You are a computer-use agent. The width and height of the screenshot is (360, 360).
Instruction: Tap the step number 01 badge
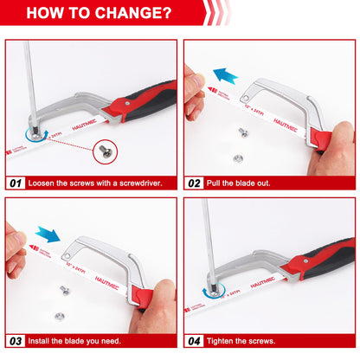coord(16,183)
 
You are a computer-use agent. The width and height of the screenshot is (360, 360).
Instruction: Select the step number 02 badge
coord(196,183)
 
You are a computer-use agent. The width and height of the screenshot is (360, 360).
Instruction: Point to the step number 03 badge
coord(16,341)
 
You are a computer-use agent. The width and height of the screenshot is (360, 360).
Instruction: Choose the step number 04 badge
coord(196,341)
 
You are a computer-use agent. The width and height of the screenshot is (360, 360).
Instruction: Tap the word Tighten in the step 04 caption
coord(221,341)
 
